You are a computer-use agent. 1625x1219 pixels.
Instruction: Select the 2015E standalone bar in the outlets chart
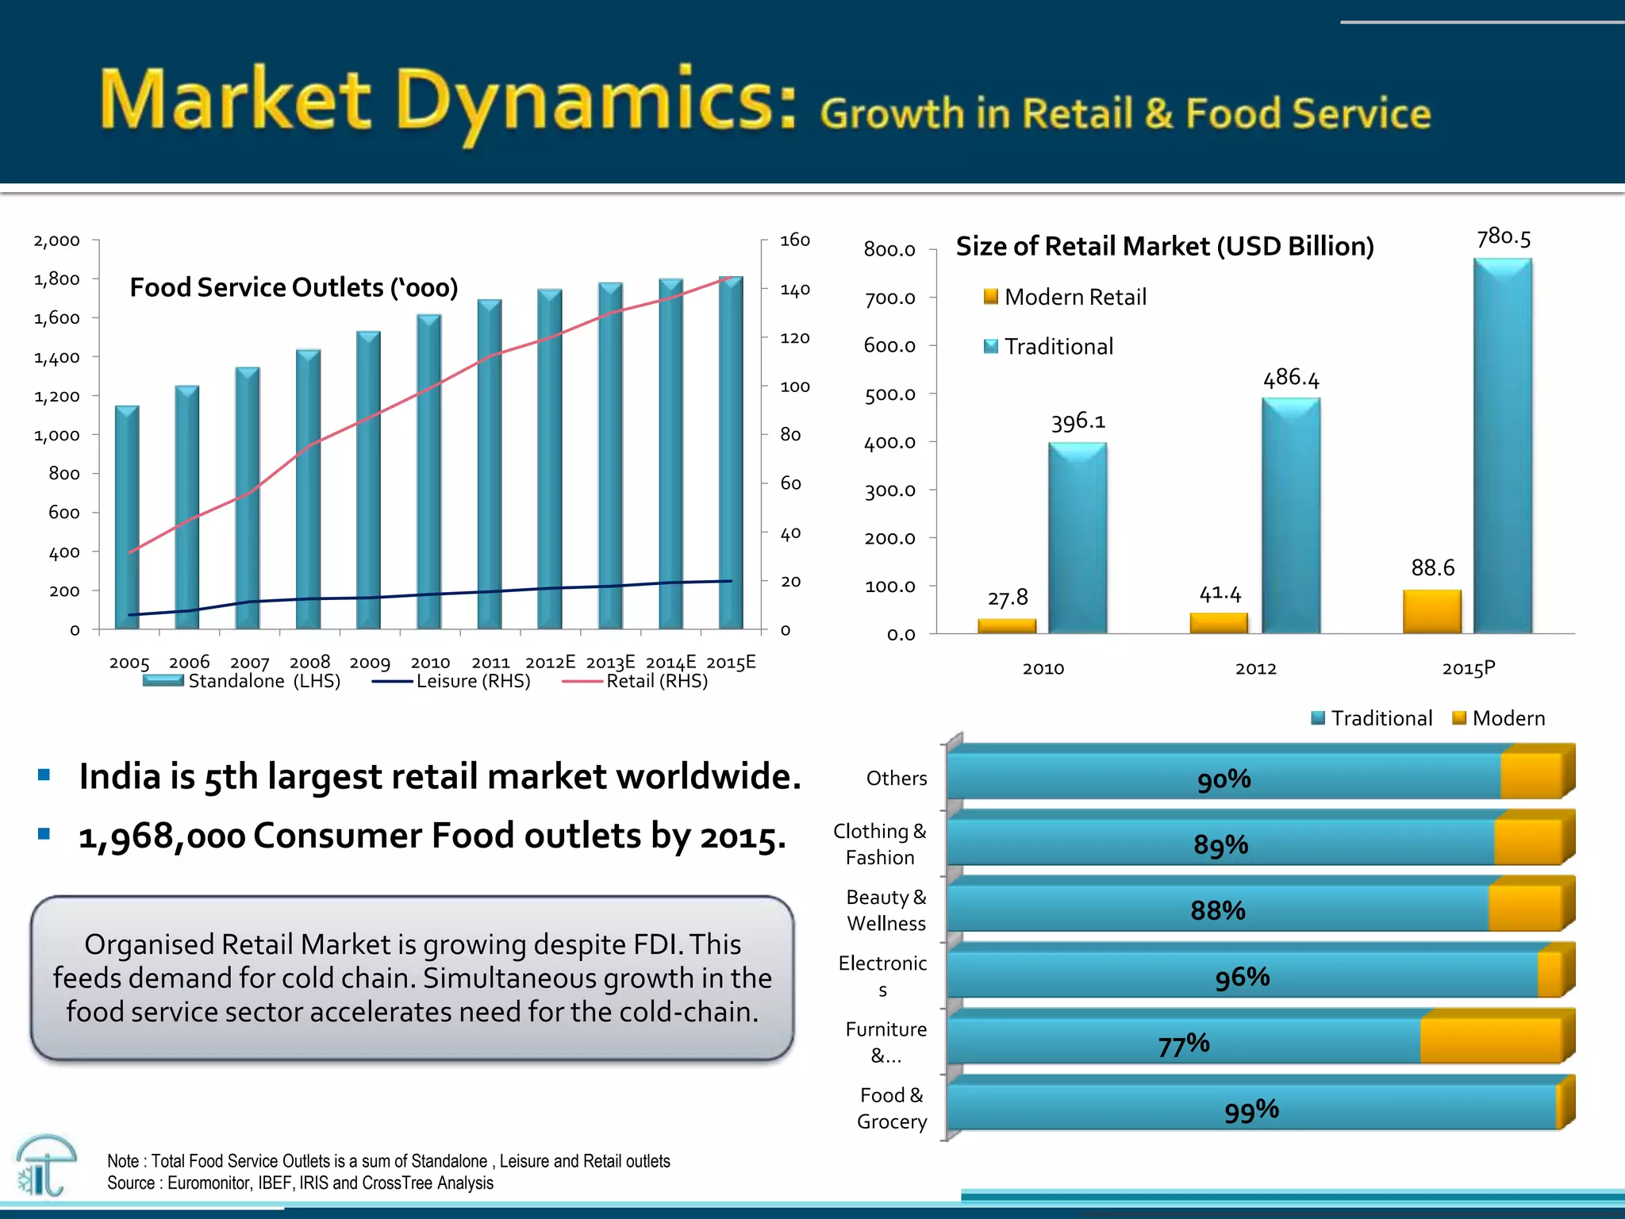(x=731, y=452)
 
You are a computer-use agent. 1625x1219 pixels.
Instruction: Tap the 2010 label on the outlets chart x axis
(x=430, y=663)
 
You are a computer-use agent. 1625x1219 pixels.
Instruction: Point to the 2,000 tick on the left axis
(x=56, y=240)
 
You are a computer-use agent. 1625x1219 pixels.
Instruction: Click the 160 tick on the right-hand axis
(x=794, y=240)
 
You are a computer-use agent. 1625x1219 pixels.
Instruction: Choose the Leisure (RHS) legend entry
(x=452, y=681)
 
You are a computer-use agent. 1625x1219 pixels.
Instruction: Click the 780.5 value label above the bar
(x=1504, y=237)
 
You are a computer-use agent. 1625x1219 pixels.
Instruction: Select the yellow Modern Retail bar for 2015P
(x=1432, y=611)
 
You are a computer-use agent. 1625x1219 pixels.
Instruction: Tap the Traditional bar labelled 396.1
(x=1078, y=538)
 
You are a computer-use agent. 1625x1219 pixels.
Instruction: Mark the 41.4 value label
(x=1220, y=594)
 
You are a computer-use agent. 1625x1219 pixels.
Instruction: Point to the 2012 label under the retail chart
(x=1255, y=669)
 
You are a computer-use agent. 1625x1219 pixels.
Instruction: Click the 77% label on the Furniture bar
(x=1184, y=1044)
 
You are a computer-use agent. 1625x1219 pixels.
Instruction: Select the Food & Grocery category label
(x=892, y=1109)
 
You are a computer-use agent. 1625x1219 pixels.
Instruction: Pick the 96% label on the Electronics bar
(x=1243, y=977)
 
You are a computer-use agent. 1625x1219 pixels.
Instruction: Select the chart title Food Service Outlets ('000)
(x=294, y=287)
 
